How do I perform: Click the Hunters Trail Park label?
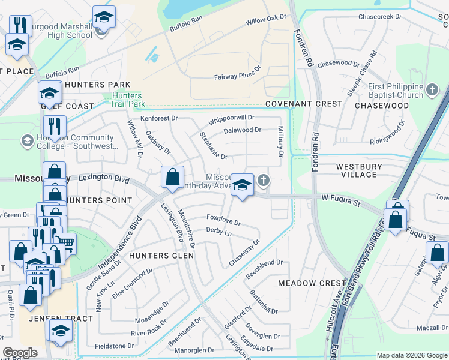click(x=127, y=100)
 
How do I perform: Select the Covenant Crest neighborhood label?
click(x=304, y=104)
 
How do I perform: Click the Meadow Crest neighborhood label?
click(x=312, y=283)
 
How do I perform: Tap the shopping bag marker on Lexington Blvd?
click(x=172, y=178)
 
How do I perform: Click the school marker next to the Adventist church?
click(x=242, y=186)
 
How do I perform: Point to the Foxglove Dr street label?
click(x=223, y=220)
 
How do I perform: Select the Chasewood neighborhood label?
click(x=382, y=106)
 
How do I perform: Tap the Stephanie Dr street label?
click(x=214, y=146)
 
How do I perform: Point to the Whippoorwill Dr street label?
click(x=231, y=119)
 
